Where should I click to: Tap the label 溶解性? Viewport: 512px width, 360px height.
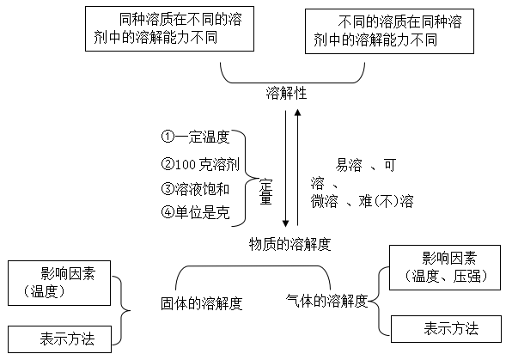(285, 94)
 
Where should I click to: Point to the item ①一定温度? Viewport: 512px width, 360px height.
(196, 137)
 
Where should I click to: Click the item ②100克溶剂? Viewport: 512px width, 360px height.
(199, 163)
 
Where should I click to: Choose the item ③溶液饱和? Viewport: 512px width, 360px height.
(196, 188)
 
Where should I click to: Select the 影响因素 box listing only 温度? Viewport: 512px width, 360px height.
(60, 283)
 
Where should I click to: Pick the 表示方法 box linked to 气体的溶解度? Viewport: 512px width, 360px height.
(447, 327)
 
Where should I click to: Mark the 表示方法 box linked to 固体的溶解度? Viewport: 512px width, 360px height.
(60, 339)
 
